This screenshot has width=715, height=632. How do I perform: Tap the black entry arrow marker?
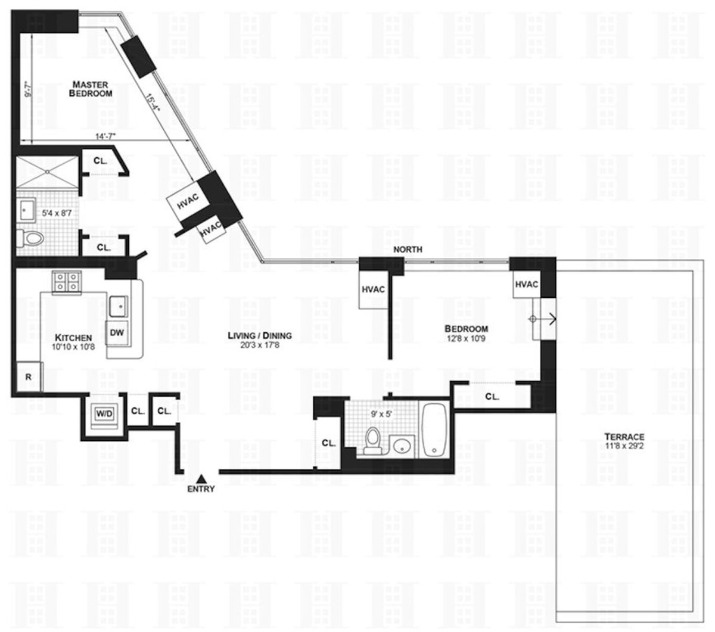[x=201, y=478]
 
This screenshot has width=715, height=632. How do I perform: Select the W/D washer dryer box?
[x=105, y=412]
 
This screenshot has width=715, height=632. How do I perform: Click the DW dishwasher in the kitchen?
[x=117, y=332]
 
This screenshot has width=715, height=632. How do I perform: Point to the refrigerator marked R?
[x=27, y=376]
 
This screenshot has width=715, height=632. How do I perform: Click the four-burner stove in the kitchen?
[x=66, y=282]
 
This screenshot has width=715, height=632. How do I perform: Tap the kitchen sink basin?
[x=119, y=306]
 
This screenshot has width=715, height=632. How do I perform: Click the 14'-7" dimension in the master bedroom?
[x=105, y=136]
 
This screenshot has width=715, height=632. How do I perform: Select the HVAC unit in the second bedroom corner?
[x=526, y=284]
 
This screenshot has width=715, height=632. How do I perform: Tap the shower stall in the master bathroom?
[x=46, y=173]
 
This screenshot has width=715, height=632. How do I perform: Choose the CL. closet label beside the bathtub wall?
[x=492, y=396]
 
